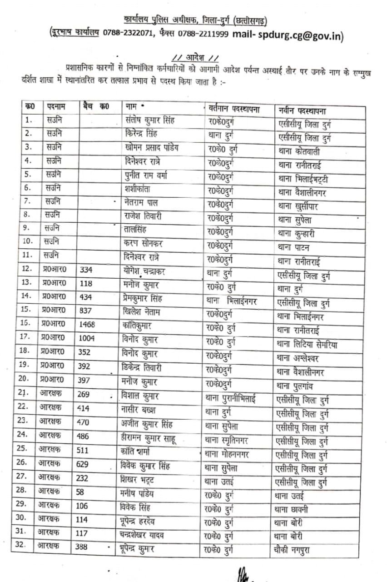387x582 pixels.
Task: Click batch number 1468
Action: pos(89,325)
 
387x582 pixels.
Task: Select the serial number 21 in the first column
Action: pos(29,394)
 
